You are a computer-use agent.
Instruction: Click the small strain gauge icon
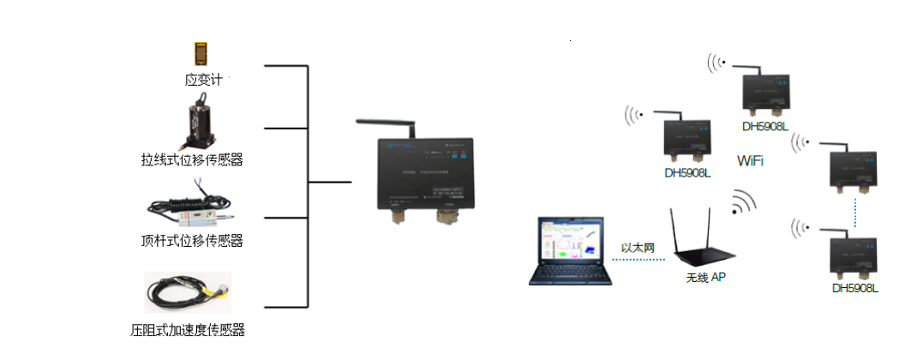pos(201,54)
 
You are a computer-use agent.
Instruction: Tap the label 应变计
pos(203,80)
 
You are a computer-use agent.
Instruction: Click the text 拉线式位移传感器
pos(192,159)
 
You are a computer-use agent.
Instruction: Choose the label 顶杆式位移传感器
pos(192,241)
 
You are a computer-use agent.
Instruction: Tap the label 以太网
pos(638,248)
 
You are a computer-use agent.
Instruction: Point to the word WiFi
pos(750,161)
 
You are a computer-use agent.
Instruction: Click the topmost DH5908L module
pos(764,93)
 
